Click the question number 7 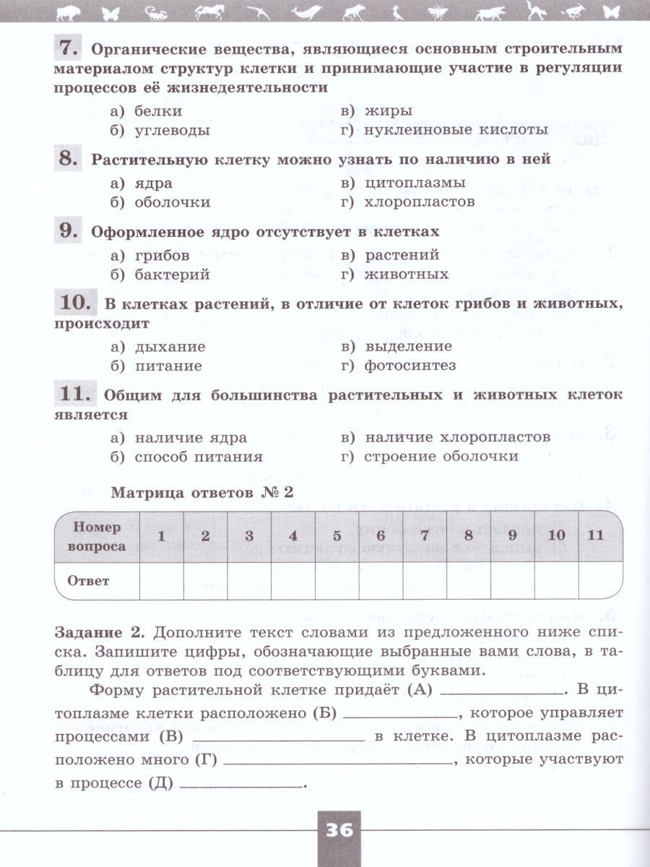tap(67, 48)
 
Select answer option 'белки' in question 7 tap(158, 111)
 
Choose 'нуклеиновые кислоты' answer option tap(455, 131)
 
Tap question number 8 tap(67, 158)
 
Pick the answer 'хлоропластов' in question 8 tap(420, 202)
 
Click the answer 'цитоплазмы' tap(415, 183)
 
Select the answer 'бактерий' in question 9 tap(171, 275)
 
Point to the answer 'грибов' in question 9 tap(162, 255)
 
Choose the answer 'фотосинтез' tap(410, 366)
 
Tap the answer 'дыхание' tap(170, 346)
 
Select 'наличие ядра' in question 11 tap(190, 437)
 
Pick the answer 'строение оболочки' tap(441, 457)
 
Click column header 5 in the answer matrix tap(337, 536)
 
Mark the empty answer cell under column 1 tap(161, 580)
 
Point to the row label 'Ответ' tap(88, 580)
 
